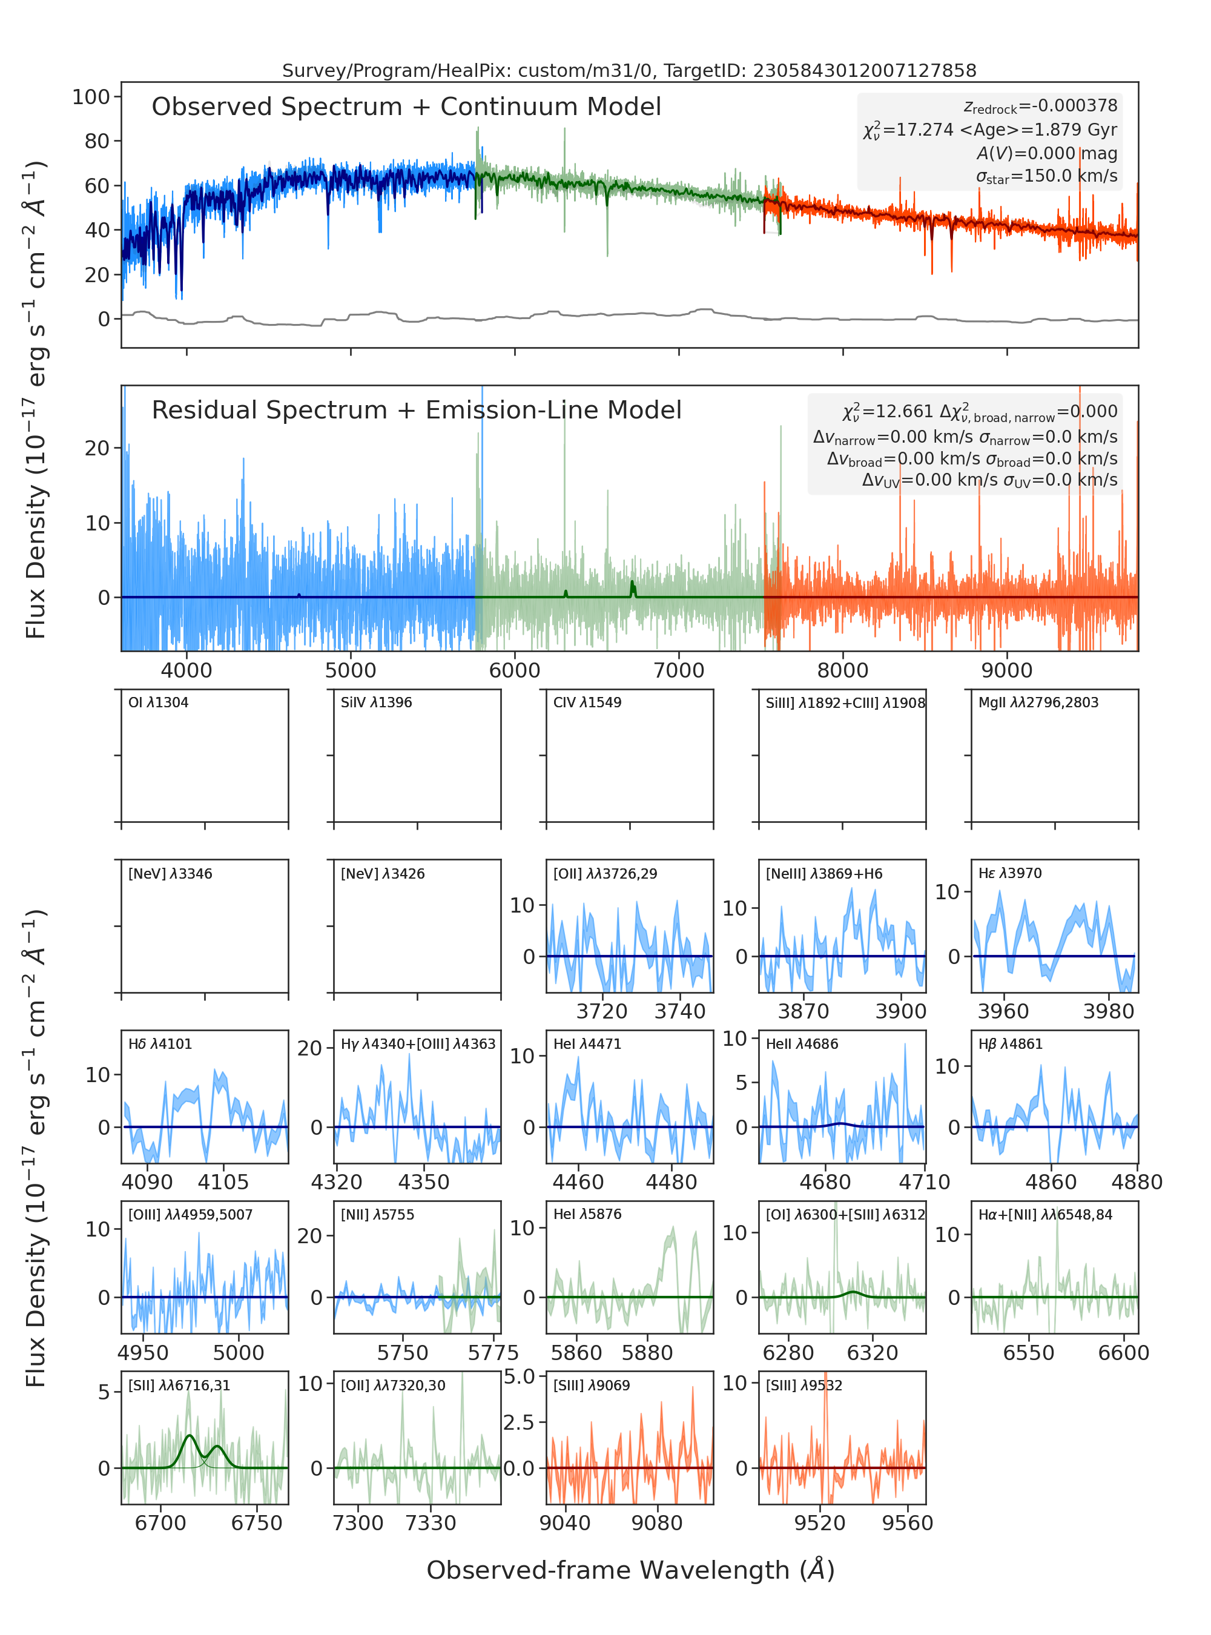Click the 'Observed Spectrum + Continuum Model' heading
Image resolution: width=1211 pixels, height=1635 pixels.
(406, 107)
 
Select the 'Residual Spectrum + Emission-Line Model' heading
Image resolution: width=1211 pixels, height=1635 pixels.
(417, 410)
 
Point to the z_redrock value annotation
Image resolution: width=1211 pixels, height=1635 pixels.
(1040, 107)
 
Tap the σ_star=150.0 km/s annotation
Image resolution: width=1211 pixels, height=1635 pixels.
(1047, 176)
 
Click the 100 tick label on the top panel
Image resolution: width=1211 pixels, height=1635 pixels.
(91, 97)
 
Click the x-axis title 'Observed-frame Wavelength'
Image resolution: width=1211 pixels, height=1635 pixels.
(630, 1570)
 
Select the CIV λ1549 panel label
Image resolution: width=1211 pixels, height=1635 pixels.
(587, 702)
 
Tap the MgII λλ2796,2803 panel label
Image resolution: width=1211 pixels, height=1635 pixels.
(1038, 702)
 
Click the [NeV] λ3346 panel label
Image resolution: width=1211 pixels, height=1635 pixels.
(170, 873)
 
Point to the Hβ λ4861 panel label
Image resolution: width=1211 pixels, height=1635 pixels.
(1010, 1044)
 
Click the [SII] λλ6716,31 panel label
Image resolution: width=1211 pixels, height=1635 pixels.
(180, 1385)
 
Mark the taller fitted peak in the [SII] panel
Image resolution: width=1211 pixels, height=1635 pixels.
(190, 1435)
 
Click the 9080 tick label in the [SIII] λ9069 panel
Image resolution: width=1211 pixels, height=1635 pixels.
(657, 1523)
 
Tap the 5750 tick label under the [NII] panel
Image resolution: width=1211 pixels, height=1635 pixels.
(403, 1353)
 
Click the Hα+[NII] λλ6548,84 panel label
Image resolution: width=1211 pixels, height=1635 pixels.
(1045, 1214)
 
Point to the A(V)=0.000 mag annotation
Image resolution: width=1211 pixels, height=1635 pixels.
(1047, 153)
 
